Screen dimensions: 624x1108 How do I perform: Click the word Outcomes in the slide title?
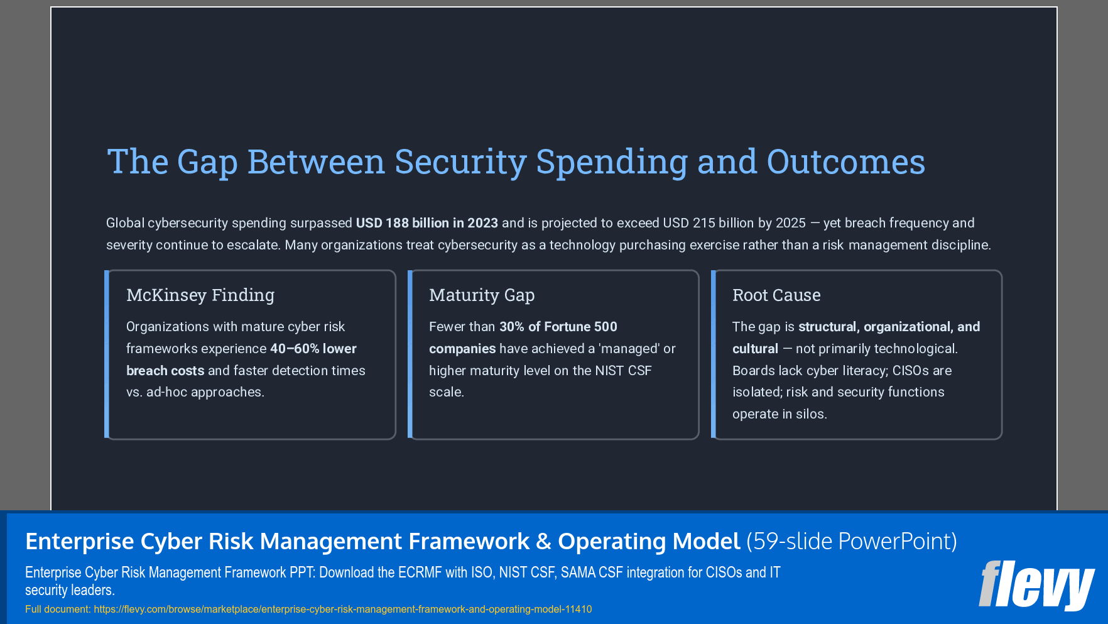point(845,162)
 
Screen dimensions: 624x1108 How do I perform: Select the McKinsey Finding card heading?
point(200,295)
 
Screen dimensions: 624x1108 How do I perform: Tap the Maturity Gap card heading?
point(482,295)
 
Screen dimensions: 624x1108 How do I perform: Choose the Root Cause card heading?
point(776,295)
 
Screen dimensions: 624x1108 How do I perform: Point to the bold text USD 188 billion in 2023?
point(426,223)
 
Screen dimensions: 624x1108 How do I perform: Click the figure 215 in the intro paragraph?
point(703,223)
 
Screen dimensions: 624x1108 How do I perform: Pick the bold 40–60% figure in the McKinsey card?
point(295,349)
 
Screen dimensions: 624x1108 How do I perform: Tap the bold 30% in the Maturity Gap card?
point(511,327)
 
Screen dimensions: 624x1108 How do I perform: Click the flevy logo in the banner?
point(1036,585)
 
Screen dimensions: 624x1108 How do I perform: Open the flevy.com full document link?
point(342,609)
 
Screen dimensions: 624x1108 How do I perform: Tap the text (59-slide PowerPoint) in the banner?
point(851,541)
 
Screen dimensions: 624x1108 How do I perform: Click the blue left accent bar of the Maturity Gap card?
point(410,354)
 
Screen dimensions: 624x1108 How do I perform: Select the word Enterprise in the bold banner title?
point(79,541)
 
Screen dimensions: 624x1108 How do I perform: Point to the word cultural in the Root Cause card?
point(755,349)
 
